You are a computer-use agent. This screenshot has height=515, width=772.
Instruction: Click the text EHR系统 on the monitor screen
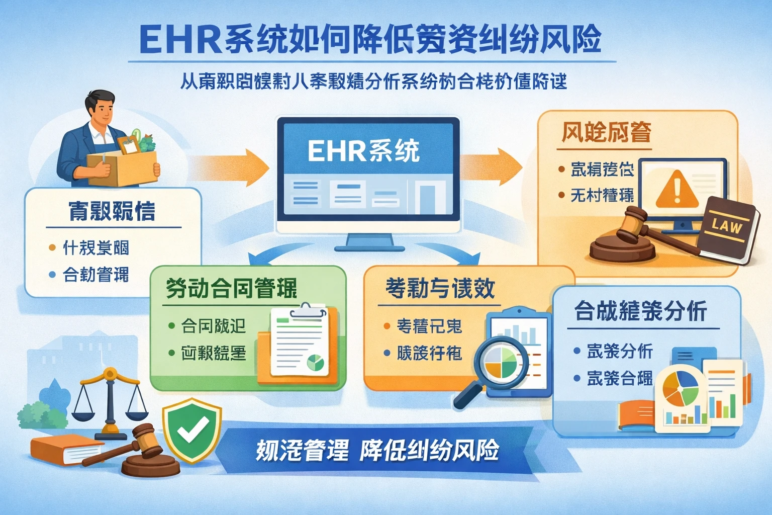click(363, 150)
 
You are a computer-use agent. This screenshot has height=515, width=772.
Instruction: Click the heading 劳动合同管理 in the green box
click(231, 289)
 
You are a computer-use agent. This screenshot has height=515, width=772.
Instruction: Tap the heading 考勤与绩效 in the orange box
click(440, 288)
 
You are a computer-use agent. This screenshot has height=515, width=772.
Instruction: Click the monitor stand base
click(369, 246)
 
